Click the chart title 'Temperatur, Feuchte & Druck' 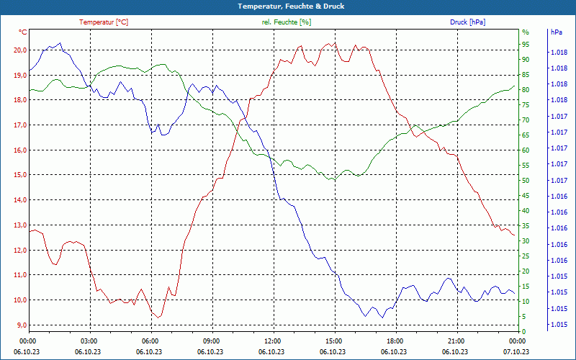point(287,6)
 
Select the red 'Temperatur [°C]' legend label point(104,22)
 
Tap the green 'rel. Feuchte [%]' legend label point(287,22)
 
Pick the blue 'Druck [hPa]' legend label point(467,22)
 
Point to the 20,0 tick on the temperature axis point(19,50)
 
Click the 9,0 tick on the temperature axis point(21,325)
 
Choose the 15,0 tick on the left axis point(19,175)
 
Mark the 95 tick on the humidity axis point(526,44)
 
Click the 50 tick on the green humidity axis point(526,180)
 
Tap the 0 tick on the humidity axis point(524,331)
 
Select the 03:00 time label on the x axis point(89,341)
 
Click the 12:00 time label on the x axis point(273,341)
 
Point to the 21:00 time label point(456,341)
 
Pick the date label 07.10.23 point(516,351)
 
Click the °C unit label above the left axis point(23,32)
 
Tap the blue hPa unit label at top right point(556,32)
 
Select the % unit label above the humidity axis point(526,32)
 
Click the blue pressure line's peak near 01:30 point(60,43)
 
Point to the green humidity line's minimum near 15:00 point(331,180)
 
